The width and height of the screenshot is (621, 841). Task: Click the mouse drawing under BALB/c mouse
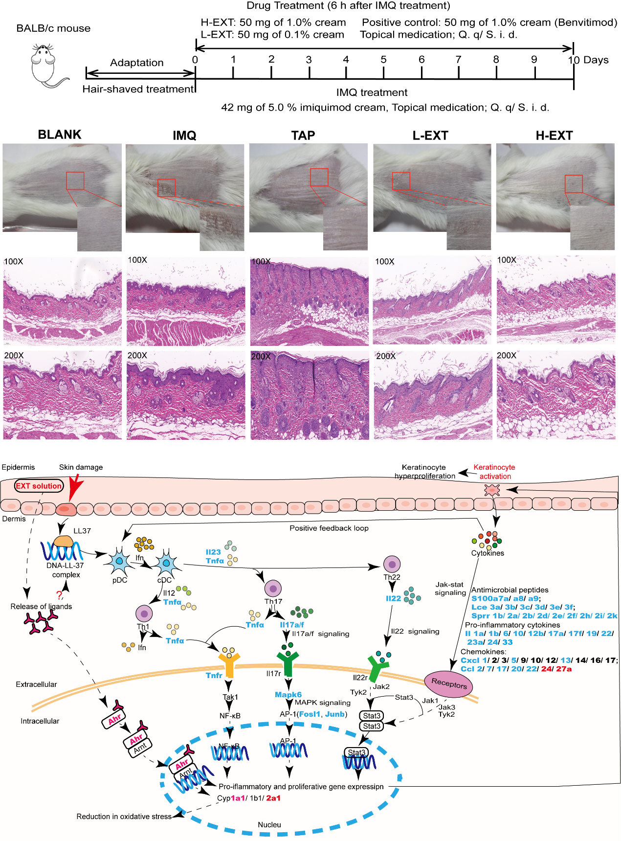pos(47,66)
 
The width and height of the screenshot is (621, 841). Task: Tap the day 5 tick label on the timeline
pos(383,60)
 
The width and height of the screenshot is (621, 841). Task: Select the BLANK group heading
pos(60,135)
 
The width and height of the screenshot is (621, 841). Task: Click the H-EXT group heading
pos(554,136)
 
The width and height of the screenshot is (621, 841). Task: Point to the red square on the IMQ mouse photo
pos(166,188)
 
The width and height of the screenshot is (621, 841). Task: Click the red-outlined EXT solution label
pos(39,486)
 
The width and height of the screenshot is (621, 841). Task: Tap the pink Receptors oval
pos(449,684)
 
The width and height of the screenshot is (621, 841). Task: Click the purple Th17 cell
pos(272,588)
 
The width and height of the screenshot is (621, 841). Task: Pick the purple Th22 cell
pos(392,564)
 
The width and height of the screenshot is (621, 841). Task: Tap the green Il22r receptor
pos(378,668)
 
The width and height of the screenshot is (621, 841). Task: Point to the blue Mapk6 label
pos(288,694)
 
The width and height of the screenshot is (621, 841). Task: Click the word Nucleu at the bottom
pos(269,825)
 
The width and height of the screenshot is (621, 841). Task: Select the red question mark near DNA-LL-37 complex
pos(60,595)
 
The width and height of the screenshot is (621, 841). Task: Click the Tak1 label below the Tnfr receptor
pos(230,697)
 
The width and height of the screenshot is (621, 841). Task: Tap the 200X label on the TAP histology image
pos(261,357)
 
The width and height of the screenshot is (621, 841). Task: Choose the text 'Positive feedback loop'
pos(329,528)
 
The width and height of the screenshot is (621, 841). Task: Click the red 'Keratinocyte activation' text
pos(494,472)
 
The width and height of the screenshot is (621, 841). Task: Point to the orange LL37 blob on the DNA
pos(64,541)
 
